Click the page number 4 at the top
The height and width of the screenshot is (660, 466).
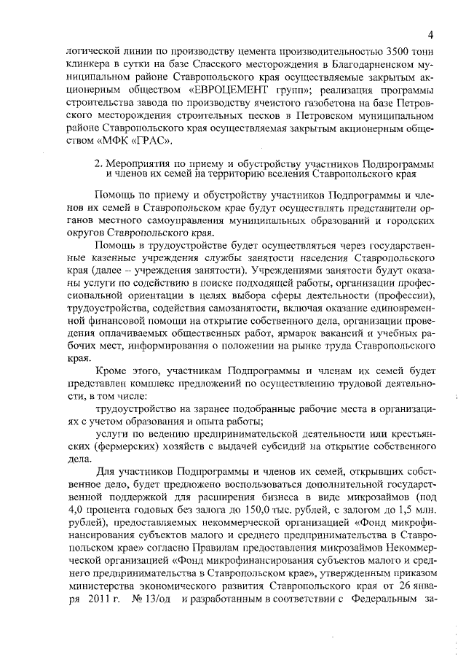point(430,34)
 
